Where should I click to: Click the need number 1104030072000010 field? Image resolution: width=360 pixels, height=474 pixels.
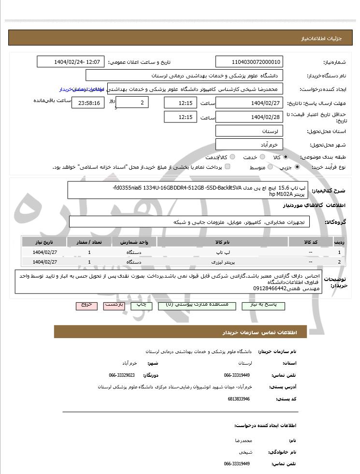[x=249, y=62]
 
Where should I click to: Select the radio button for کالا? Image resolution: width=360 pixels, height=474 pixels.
[x=286, y=157]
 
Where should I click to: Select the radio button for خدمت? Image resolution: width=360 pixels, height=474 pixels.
[x=260, y=157]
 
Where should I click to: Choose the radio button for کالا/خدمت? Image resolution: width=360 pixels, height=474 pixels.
[x=232, y=157]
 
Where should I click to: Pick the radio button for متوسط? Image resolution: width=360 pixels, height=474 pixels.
[x=270, y=167]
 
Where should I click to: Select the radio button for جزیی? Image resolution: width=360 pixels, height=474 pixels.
[x=297, y=167]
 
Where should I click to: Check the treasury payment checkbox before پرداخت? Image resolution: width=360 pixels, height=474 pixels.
[x=228, y=167]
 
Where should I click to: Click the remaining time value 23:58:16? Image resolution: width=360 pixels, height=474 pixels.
[x=88, y=103]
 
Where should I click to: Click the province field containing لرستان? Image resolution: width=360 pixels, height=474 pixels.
[x=249, y=131]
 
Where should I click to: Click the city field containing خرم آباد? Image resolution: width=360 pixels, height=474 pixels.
[x=249, y=144]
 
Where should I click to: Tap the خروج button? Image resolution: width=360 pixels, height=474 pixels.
[x=86, y=305]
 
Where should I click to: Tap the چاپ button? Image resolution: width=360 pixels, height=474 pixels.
[x=141, y=305]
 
